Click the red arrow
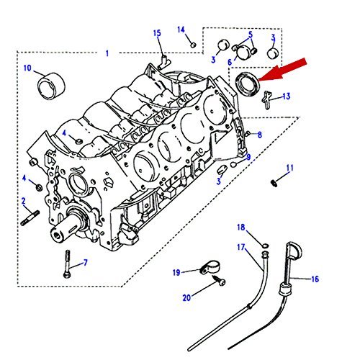pyautogui.click(x=282, y=70)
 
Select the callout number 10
pyautogui.click(x=27, y=68)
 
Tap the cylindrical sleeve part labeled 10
pyautogui.click(x=52, y=86)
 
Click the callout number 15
pyautogui.click(x=157, y=33)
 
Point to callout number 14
pyautogui.click(x=181, y=30)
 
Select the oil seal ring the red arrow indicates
pyautogui.click(x=247, y=84)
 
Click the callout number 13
pyautogui.click(x=287, y=96)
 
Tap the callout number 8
pyautogui.click(x=260, y=135)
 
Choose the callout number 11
pyautogui.click(x=290, y=168)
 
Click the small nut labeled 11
pyautogui.click(x=274, y=183)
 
